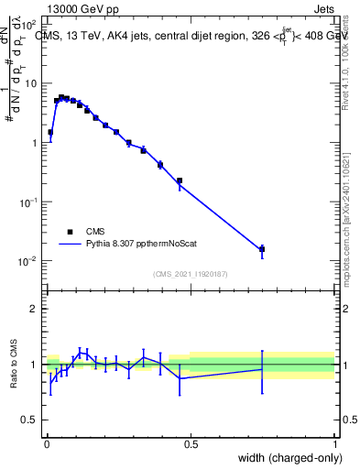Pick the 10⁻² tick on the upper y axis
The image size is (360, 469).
[x=28, y=261]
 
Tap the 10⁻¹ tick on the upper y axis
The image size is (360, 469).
[x=28, y=202]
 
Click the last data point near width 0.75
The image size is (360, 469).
[x=262, y=248]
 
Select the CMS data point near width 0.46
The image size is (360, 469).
[x=180, y=180]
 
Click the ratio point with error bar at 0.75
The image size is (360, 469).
[x=262, y=369]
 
